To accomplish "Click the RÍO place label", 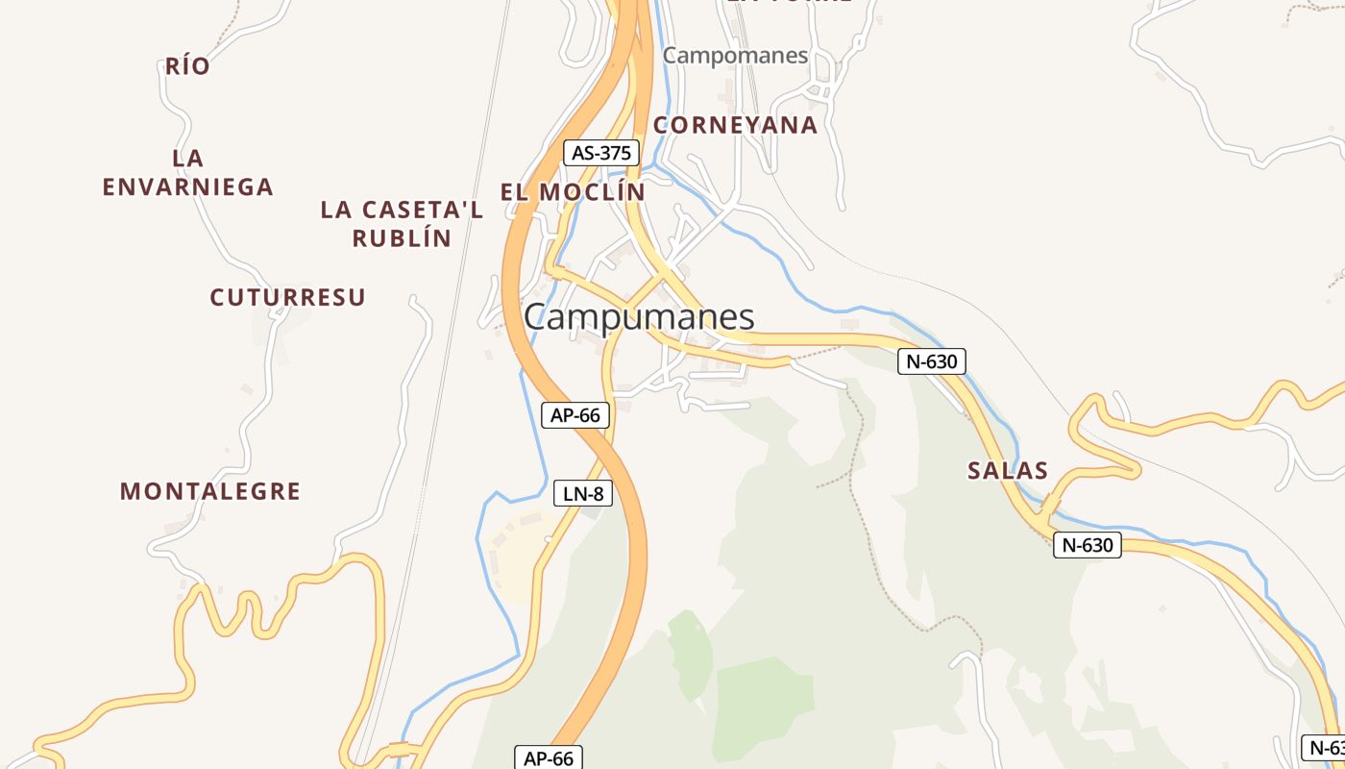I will pos(187,66).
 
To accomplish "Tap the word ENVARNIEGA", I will pos(188,186).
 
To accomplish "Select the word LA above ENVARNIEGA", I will pos(188,158).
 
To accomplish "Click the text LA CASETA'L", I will pos(402,210).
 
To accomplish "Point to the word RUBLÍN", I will pos(402,238).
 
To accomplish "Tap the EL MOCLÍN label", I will pos(573,191).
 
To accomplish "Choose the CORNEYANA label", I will pos(736,125).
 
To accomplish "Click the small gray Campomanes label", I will pos(736,55).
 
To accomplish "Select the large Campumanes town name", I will pos(639,317).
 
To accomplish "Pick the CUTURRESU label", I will pos(288,297).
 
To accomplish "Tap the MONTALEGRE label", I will pos(210,491).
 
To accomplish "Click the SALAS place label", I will pos(1008,471).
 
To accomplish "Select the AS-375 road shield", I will pos(600,153).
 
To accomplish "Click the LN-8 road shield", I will pos(583,494).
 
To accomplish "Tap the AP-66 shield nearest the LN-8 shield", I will pos(575,415).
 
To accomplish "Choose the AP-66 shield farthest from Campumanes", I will pos(549,758).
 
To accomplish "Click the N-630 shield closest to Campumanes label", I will pos(932,361).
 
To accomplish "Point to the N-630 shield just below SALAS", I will pos(1088,546).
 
